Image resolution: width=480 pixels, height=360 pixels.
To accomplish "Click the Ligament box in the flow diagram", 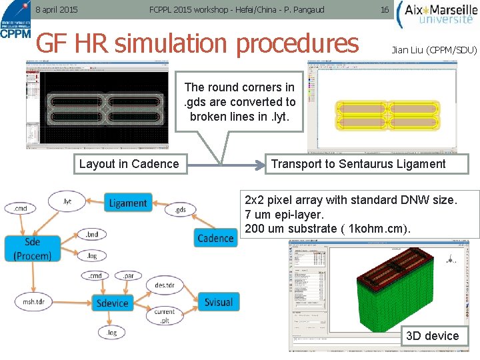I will (x=127, y=203).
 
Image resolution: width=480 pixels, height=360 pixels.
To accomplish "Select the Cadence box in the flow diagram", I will (x=215, y=238).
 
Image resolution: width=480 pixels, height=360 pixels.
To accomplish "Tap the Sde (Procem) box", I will (x=32, y=249).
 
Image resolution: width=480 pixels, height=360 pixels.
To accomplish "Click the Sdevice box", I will (x=112, y=303).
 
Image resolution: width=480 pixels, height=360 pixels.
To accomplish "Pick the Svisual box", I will (x=218, y=302).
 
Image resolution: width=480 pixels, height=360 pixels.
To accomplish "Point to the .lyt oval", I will (x=67, y=201).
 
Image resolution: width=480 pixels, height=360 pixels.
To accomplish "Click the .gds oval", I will (x=180, y=211).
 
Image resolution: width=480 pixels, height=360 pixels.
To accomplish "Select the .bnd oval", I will (x=92, y=235).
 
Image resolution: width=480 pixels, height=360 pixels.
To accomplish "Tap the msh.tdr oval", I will (x=33, y=301).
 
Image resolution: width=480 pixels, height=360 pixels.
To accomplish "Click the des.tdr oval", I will (x=165, y=285).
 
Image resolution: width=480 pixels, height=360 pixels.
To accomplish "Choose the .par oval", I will (x=128, y=275).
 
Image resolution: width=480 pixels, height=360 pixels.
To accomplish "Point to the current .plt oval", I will (x=165, y=315).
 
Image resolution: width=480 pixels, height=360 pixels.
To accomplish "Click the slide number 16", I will (x=384, y=10).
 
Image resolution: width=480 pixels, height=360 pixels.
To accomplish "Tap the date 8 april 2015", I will (x=56, y=10).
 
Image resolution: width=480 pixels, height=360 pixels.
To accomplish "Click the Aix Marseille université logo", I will (x=437, y=14).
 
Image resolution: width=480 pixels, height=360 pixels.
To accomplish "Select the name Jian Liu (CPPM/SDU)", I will (x=434, y=50).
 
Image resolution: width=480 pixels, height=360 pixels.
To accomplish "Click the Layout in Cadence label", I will (x=129, y=164).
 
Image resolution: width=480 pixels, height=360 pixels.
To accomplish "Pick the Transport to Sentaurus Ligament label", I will (x=358, y=164).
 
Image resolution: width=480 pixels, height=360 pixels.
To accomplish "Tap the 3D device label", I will (x=432, y=335).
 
